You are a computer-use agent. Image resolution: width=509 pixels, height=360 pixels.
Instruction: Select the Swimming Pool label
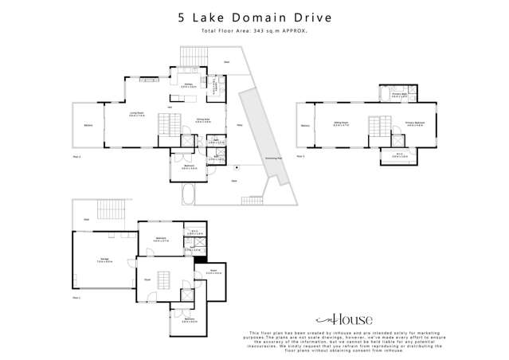273,158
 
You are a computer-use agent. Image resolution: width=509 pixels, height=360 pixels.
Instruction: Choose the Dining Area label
202,120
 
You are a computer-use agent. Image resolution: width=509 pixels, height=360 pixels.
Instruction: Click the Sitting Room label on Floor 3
339,123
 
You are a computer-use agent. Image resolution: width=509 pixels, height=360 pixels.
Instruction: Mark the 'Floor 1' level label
76,296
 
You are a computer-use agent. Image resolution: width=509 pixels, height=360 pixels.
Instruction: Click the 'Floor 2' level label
76,158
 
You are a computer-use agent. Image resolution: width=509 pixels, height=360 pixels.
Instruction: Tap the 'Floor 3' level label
300,156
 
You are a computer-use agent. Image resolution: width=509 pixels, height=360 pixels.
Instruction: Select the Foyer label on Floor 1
148,280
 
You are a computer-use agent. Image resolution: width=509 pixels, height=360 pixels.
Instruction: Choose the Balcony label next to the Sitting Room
305,125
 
